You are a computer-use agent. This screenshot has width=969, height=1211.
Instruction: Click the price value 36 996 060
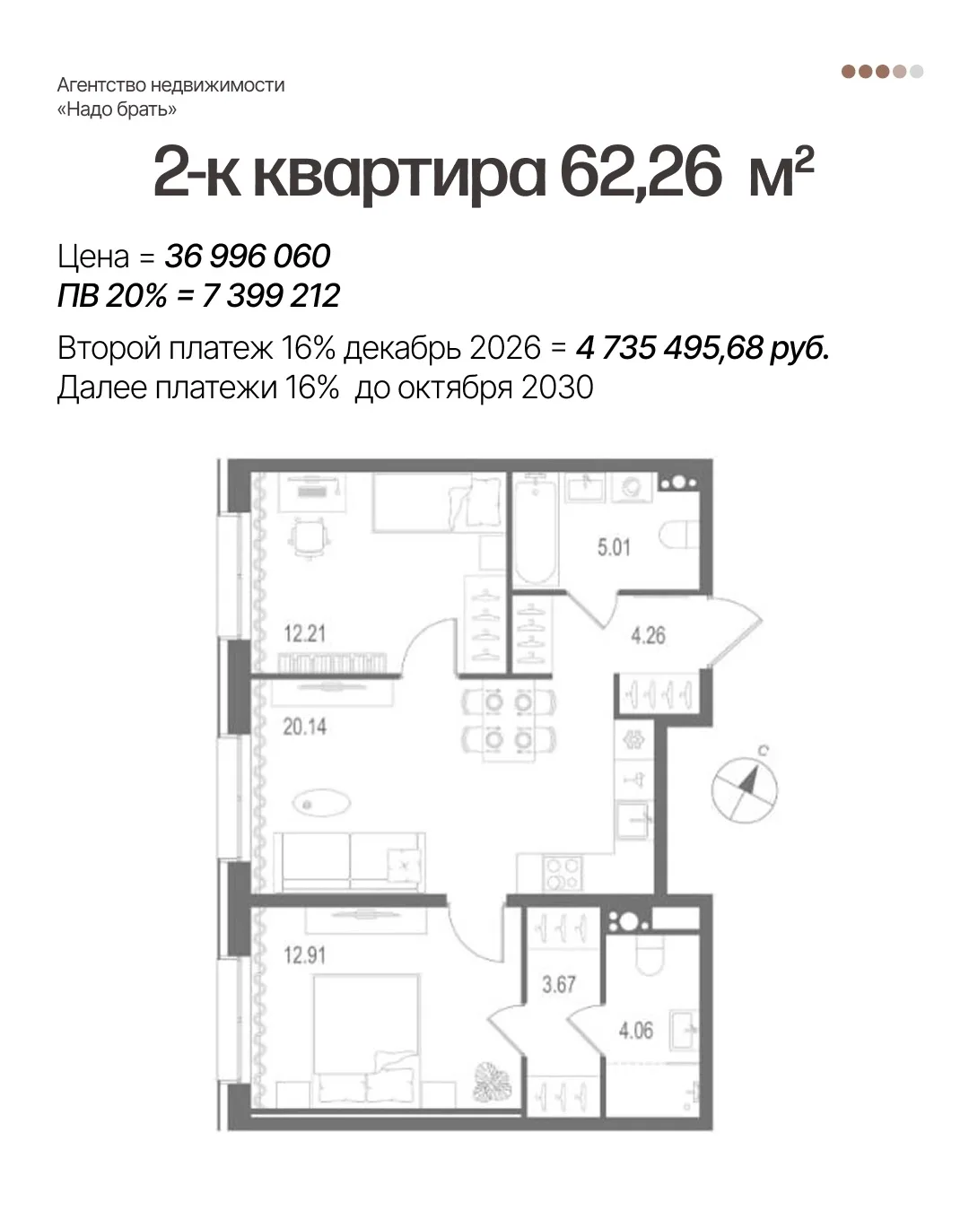[247, 256]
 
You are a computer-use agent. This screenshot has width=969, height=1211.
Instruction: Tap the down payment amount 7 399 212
[271, 295]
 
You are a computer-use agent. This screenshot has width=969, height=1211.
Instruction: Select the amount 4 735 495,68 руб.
[703, 348]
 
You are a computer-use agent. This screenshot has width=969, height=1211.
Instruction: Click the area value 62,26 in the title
[641, 171]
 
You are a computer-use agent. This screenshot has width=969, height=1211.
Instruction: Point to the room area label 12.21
[305, 633]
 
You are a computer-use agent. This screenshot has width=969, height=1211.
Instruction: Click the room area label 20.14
[305, 727]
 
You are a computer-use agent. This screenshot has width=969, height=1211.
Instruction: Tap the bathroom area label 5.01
[614, 547]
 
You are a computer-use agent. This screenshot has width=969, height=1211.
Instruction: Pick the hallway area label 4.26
[648, 635]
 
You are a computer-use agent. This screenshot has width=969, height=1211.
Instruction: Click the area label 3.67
[559, 984]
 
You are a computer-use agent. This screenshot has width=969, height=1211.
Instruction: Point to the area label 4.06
[635, 1031]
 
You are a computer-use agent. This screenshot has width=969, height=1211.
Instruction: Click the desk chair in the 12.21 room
[309, 538]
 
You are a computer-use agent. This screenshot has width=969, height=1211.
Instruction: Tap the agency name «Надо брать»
[117, 109]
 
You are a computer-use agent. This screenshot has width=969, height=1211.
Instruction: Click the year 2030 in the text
[557, 388]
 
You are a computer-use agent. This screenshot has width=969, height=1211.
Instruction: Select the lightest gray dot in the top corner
[916, 72]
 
